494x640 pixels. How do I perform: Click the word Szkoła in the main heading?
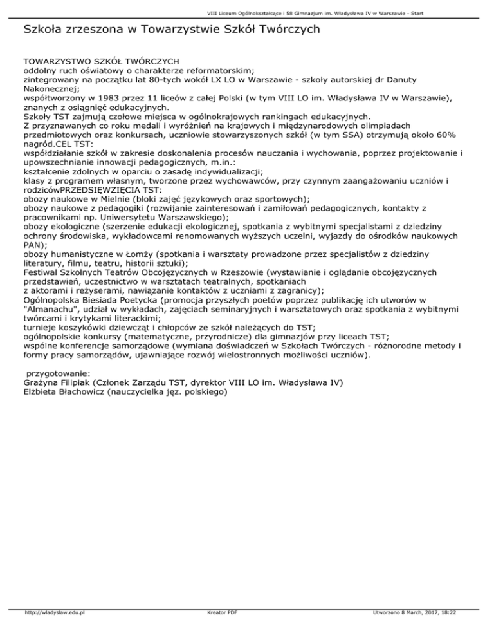(44, 29)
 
